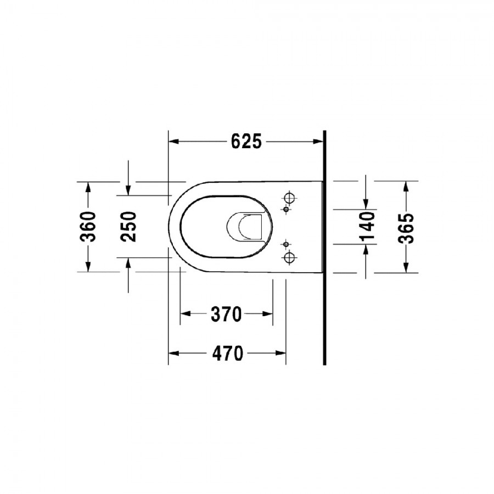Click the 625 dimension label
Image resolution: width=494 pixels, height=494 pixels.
click(246, 142)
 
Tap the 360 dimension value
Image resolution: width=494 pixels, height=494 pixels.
click(88, 227)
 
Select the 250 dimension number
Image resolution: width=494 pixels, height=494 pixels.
click(128, 227)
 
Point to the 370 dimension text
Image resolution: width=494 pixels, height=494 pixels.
click(226, 314)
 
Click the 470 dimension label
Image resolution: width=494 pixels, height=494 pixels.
click(228, 353)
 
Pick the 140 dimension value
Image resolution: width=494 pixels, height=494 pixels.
click(367, 227)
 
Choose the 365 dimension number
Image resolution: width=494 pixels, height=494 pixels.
click(406, 229)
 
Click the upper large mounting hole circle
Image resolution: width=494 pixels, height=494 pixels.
click(289, 198)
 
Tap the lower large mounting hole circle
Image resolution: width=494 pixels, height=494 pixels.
click(289, 258)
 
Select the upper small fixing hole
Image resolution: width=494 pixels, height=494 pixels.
click(286, 209)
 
